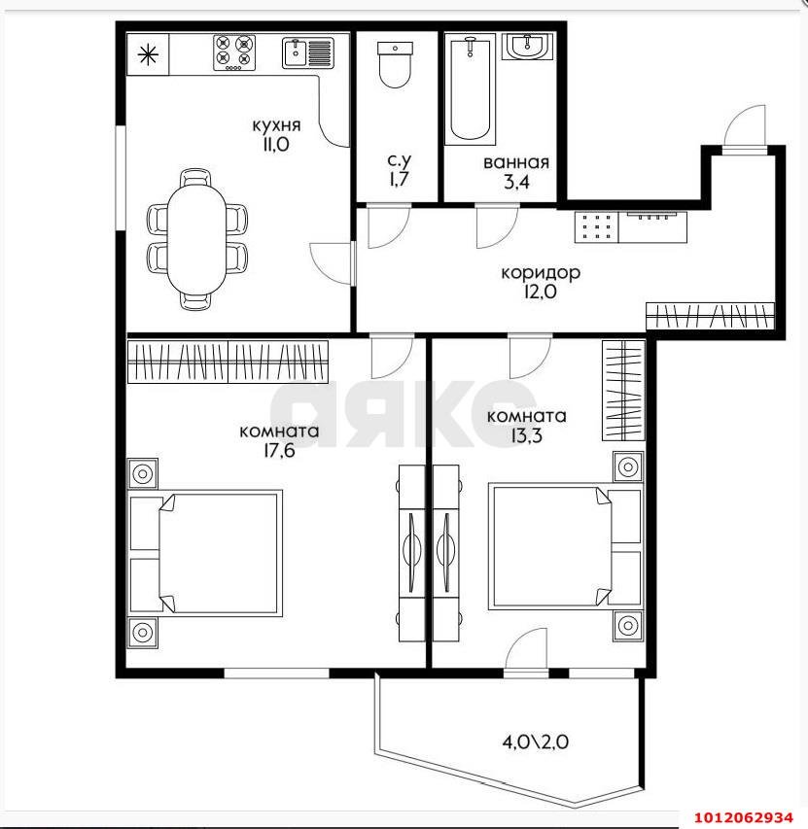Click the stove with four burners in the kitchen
click(x=234, y=52)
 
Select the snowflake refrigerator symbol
click(x=148, y=53)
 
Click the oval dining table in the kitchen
click(x=196, y=239)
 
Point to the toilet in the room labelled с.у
click(x=395, y=64)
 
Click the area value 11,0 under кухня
click(x=275, y=145)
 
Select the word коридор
click(x=541, y=272)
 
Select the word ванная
click(x=516, y=162)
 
